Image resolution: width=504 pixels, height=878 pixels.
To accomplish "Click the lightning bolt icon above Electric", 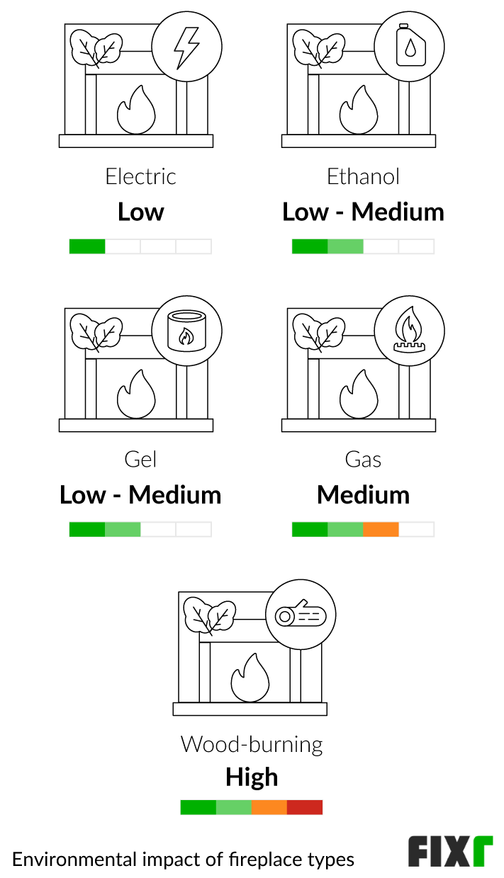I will pyautogui.click(x=187, y=48).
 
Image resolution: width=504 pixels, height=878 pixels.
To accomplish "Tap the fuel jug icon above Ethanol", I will pyautogui.click(x=410, y=48).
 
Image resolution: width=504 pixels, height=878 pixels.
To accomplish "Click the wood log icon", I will pyautogui.click(x=301, y=615).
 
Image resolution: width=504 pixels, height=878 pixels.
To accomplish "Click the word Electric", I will pyautogui.click(x=140, y=176).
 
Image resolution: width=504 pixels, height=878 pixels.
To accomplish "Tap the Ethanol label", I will pyautogui.click(x=363, y=176).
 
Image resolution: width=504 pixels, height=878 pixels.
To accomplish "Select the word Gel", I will pyautogui.click(x=140, y=460).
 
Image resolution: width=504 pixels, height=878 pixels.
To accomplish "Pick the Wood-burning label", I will pyautogui.click(x=252, y=744).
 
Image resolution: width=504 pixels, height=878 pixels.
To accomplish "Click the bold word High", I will pyautogui.click(x=252, y=777).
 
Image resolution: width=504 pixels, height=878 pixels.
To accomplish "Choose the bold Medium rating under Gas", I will pyautogui.click(x=363, y=494).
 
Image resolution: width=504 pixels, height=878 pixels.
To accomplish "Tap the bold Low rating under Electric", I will pyautogui.click(x=140, y=212).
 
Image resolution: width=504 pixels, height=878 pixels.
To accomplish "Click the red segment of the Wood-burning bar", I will pyautogui.click(x=305, y=807).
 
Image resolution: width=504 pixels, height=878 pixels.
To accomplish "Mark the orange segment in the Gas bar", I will pyautogui.click(x=381, y=529).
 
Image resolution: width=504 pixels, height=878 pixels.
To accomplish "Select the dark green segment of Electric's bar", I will pyautogui.click(x=87, y=246).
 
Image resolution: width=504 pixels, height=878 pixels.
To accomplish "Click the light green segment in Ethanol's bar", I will pyautogui.click(x=345, y=246).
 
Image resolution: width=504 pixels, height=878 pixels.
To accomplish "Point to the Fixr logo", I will pyautogui.click(x=450, y=851).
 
